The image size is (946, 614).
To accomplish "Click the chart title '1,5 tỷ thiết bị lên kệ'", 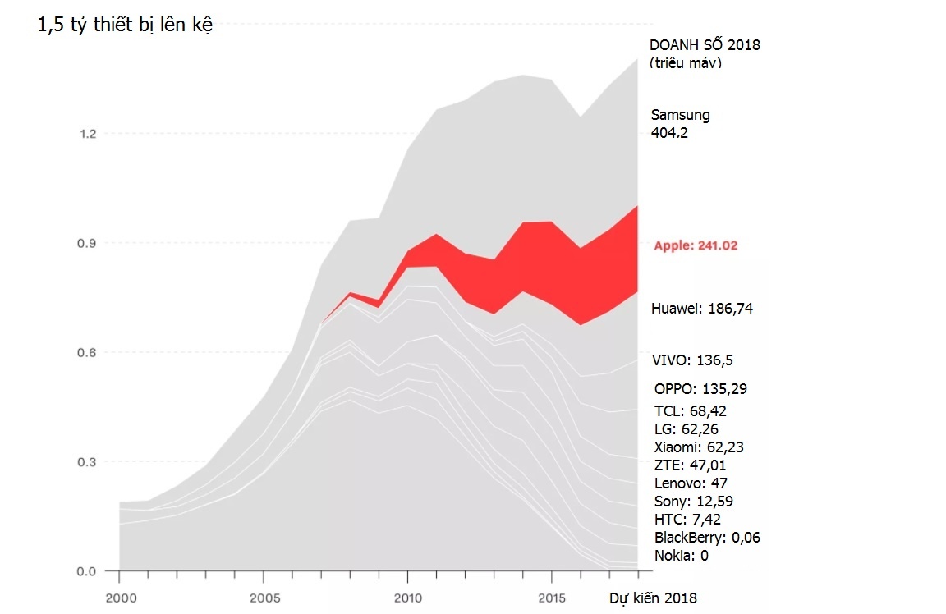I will click(x=126, y=25).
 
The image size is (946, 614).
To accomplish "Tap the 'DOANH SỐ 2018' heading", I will click(x=705, y=45).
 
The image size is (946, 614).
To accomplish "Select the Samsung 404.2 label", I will click(x=680, y=123).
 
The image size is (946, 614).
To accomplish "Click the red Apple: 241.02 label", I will click(x=696, y=245).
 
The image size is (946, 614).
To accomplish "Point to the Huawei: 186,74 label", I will click(x=701, y=309).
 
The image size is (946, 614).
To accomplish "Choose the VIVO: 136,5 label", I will click(x=693, y=360).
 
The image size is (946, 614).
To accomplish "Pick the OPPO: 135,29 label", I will click(x=700, y=388).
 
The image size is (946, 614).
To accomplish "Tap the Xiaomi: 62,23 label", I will click(x=699, y=447).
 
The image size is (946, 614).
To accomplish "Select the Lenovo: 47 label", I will click(x=690, y=483).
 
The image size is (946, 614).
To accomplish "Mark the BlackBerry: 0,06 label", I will click(x=707, y=538).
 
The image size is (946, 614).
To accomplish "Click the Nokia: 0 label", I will click(x=681, y=556).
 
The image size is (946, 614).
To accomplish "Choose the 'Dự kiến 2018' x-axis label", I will click(x=652, y=598).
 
